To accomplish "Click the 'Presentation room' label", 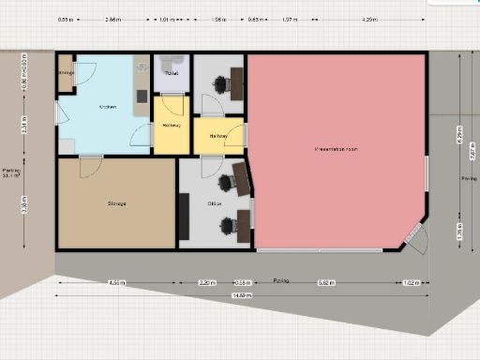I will (x=336, y=149).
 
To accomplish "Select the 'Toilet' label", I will (x=172, y=73).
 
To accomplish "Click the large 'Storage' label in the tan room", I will (x=117, y=203).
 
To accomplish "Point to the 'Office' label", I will (x=214, y=203).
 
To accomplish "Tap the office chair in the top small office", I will (x=221, y=83).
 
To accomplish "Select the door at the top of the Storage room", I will (x=91, y=167).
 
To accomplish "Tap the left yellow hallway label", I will (x=171, y=126).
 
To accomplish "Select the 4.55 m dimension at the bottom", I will (x=116, y=282).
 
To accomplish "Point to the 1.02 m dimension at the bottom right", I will (x=411, y=282).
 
